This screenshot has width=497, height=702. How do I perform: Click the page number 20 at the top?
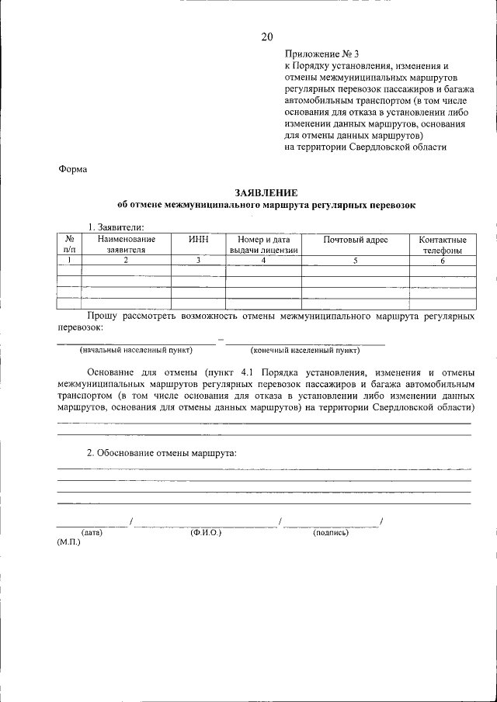[267, 36]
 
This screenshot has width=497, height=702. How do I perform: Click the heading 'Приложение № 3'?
[321, 54]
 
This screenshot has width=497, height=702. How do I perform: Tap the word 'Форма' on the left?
[73, 169]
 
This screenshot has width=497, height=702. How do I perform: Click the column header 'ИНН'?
[199, 240]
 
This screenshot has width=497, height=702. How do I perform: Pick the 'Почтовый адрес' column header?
[356, 240]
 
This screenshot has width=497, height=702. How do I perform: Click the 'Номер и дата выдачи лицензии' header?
[263, 245]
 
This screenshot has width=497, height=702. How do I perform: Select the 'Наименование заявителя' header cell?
[126, 245]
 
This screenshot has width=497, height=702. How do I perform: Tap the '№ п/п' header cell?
[69, 245]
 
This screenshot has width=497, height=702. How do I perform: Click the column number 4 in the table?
[263, 261]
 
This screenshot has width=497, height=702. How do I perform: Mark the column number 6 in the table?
[443, 261]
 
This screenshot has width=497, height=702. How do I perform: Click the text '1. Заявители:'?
[116, 227]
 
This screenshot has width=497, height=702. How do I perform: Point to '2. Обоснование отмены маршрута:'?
[162, 453]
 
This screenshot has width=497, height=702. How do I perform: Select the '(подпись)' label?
[331, 533]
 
